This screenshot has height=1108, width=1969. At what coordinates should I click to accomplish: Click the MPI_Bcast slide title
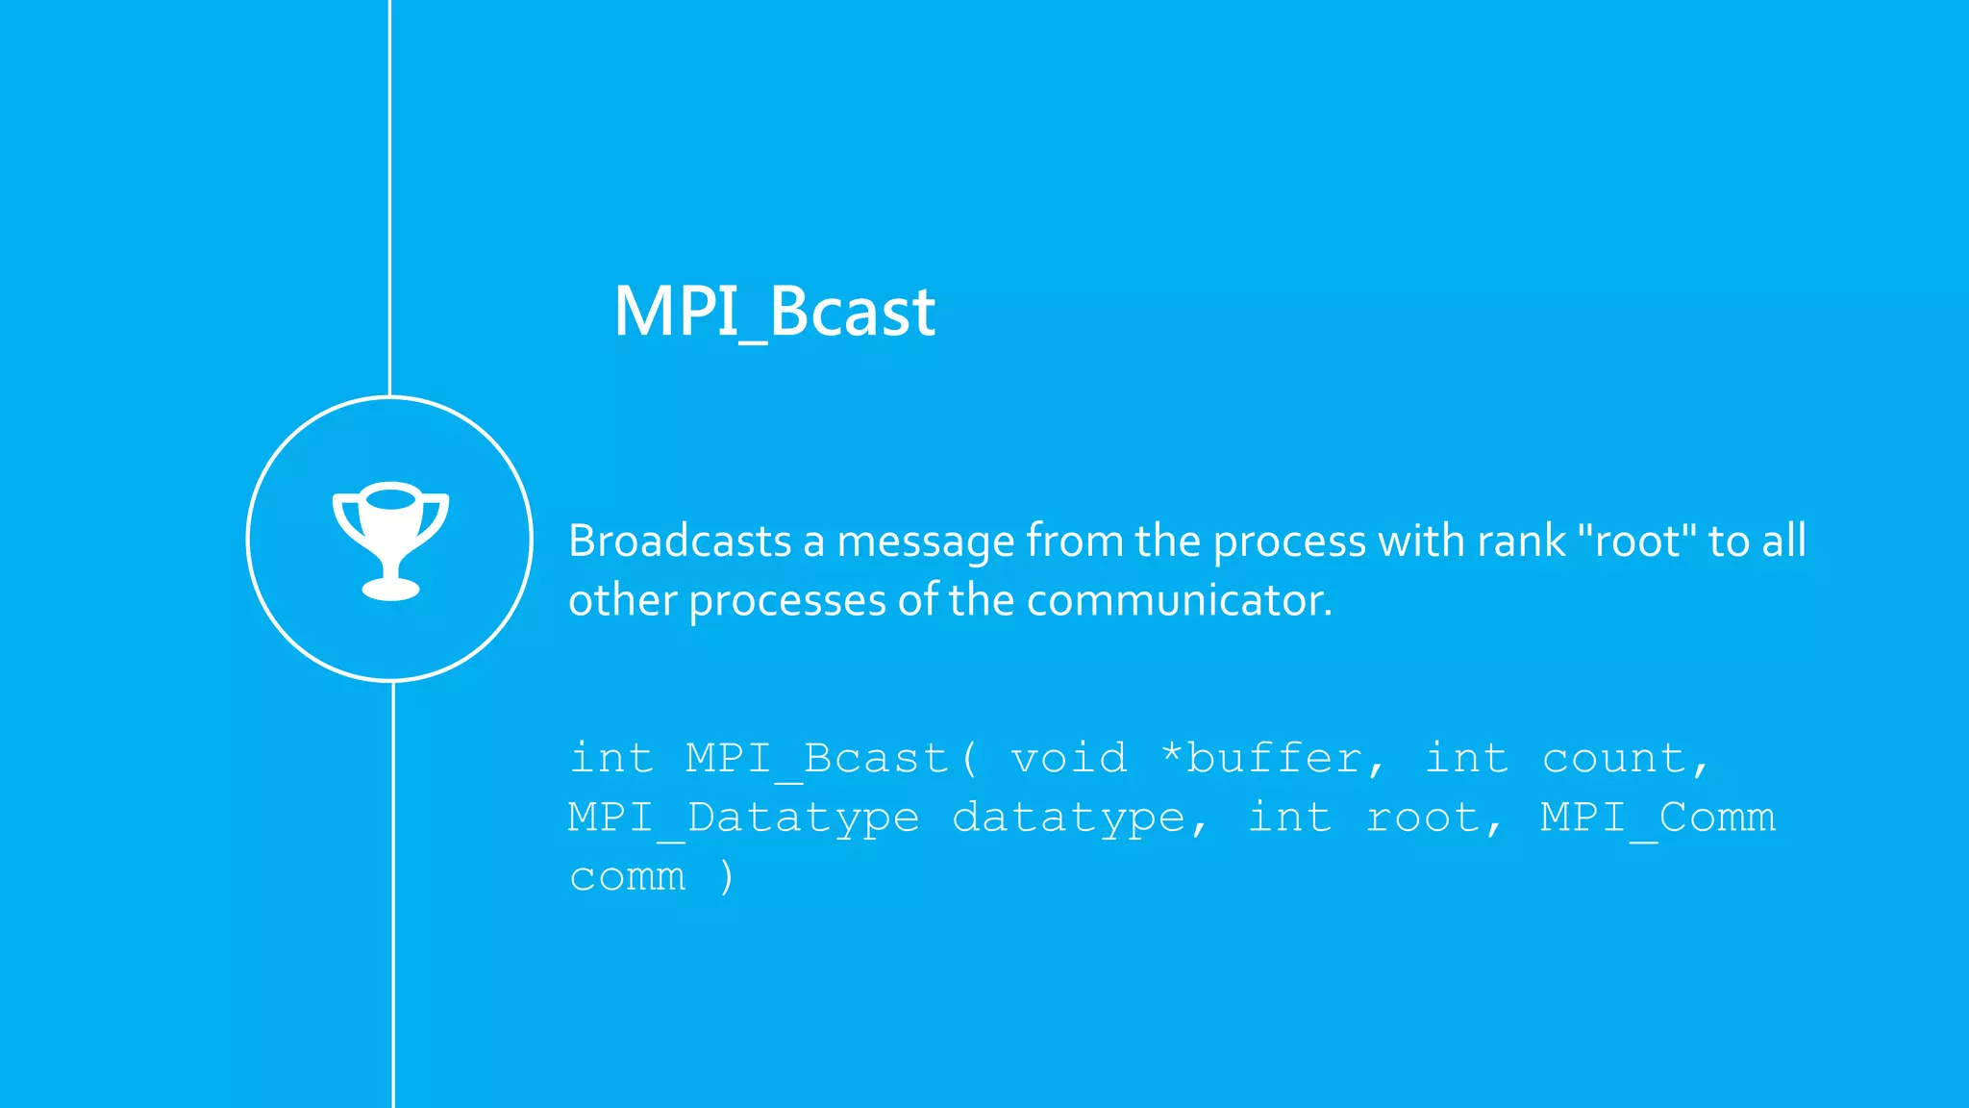(x=774, y=312)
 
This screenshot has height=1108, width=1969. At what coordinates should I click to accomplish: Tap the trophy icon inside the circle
(x=390, y=539)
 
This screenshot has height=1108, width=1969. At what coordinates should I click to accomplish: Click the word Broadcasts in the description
(x=679, y=541)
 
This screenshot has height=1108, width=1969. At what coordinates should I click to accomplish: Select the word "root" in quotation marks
(x=1638, y=541)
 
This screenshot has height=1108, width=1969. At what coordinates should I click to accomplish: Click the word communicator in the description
(x=1179, y=600)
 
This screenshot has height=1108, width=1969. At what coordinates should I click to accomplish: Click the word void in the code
(x=1069, y=758)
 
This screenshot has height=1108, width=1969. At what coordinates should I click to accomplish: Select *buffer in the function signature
(x=1273, y=758)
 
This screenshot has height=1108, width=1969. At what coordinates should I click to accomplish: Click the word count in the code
(x=1615, y=758)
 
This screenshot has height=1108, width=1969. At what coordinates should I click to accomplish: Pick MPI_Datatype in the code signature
(x=743, y=818)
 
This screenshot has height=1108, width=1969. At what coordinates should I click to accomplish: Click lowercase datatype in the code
(x=1069, y=818)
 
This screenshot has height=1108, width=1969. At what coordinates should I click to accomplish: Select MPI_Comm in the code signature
(x=1657, y=818)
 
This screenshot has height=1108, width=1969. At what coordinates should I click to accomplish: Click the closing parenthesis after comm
(x=727, y=876)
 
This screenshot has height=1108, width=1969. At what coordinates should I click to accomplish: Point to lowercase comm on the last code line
(x=628, y=876)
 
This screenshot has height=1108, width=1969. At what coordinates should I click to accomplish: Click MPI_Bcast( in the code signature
(x=831, y=758)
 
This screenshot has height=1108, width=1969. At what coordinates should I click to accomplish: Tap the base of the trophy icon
(x=390, y=588)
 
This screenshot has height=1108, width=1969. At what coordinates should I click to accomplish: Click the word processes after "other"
(x=787, y=600)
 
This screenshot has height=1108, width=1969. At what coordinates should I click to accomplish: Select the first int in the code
(x=611, y=758)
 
